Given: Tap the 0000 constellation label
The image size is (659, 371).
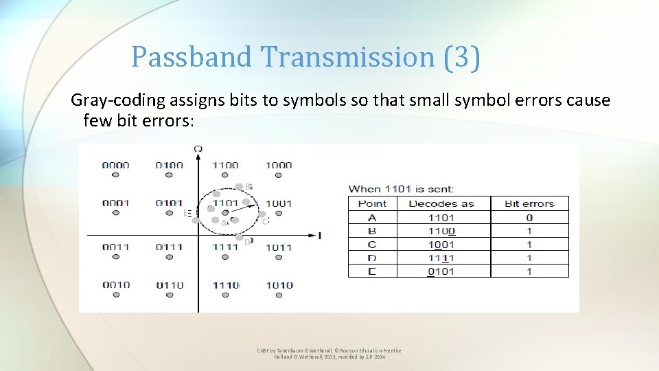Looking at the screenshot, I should click(115, 165).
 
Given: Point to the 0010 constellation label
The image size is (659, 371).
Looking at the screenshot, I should click(115, 285).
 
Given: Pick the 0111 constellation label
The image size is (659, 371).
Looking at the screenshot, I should click(169, 247).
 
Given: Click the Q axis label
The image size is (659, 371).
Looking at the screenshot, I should click(198, 149).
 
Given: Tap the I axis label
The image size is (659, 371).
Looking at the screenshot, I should click(319, 236).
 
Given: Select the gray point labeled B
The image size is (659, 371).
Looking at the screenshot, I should click(239, 187).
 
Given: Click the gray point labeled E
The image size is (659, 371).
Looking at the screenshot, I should click(195, 221).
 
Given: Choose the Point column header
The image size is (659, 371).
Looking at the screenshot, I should click(372, 203).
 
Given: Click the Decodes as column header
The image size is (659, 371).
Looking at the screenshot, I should click(441, 203).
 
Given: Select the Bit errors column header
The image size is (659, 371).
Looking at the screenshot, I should click(529, 203).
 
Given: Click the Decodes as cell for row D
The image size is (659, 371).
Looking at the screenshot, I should click(441, 258).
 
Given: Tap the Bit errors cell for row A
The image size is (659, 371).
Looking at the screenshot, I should click(529, 218).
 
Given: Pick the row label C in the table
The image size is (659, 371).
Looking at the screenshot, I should click(372, 245).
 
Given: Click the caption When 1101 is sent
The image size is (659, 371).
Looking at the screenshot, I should click(402, 188).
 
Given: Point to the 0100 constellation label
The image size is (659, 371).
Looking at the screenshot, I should click(169, 165).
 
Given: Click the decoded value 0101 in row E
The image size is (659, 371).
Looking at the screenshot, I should click(441, 271).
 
